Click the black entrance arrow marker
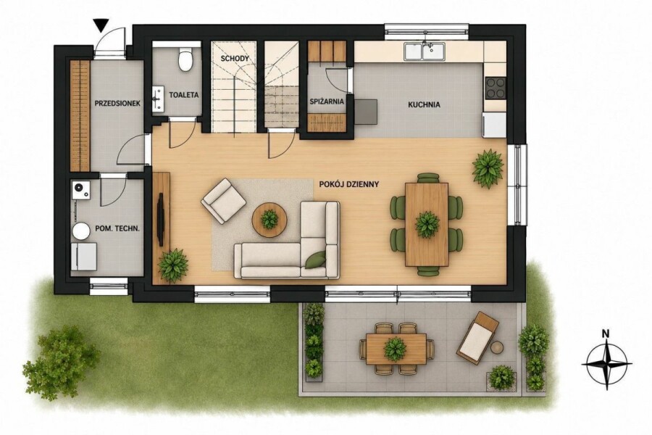tap(101, 25)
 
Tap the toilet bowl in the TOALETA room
tap(185, 59)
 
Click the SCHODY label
tap(235, 58)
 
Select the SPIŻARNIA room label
tap(327, 101)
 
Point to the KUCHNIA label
tap(424, 105)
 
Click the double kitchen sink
tap(424, 51)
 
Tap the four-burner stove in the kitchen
tap(496, 88)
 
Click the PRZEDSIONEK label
tap(117, 103)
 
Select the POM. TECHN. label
tap(117, 228)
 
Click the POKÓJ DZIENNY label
tap(349, 184)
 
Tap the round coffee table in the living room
tap(269, 220)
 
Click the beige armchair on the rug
tap(223, 200)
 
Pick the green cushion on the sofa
tap(316, 259)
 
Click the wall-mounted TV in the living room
tap(160, 218)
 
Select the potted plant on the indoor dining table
tap(427, 225)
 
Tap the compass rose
tap(606, 364)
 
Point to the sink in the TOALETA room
tap(158, 99)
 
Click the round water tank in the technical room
tap(80, 231)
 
